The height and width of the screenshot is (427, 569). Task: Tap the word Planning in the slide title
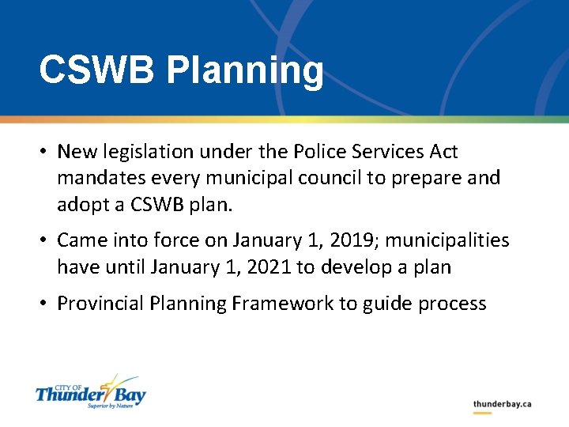pyautogui.click(x=245, y=71)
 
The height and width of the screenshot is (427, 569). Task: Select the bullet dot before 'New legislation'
pyautogui.click(x=46, y=152)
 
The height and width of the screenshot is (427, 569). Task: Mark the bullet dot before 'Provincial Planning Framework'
pyautogui.click(x=46, y=304)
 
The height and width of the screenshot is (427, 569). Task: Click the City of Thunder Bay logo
pyautogui.click(x=90, y=391)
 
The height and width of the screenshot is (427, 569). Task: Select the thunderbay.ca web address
pyautogui.click(x=502, y=404)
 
